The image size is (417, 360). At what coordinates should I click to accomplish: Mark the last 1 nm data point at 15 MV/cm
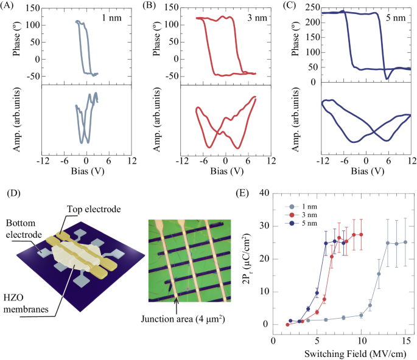click(x=405, y=242)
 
